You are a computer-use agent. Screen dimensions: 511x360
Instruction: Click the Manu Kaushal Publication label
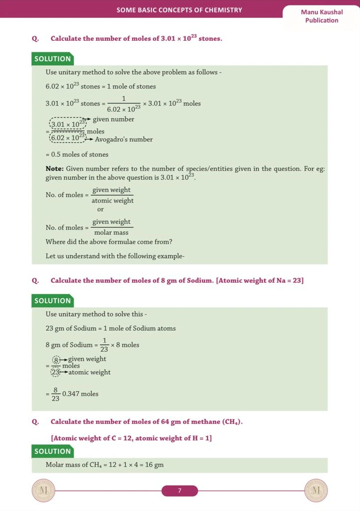[x=321, y=16]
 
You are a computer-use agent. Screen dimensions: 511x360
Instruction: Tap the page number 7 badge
[x=180, y=491]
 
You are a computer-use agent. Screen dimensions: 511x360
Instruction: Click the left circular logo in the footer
[x=43, y=491]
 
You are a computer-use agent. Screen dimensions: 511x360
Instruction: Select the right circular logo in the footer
[x=317, y=491]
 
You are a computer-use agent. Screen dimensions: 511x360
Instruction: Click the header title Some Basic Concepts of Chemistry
[x=180, y=10]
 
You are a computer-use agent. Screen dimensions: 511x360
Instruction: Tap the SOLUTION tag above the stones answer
[x=53, y=59]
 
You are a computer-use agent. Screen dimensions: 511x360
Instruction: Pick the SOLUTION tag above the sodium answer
[x=53, y=301]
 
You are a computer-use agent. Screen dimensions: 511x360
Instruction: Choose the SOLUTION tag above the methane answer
[x=53, y=451]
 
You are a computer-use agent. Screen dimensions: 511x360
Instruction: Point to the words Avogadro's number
[x=124, y=139]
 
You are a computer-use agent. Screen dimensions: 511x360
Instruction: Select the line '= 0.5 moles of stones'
[x=77, y=154]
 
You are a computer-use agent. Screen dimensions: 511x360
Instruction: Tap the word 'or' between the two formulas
[x=100, y=209]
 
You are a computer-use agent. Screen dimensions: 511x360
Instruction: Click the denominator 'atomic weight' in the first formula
[x=112, y=201]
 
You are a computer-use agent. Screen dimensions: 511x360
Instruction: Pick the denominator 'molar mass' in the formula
[x=111, y=232]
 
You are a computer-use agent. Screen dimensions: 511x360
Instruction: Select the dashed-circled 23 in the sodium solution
[x=56, y=372]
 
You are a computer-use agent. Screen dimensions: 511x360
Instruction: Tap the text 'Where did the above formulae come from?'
[x=109, y=242]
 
